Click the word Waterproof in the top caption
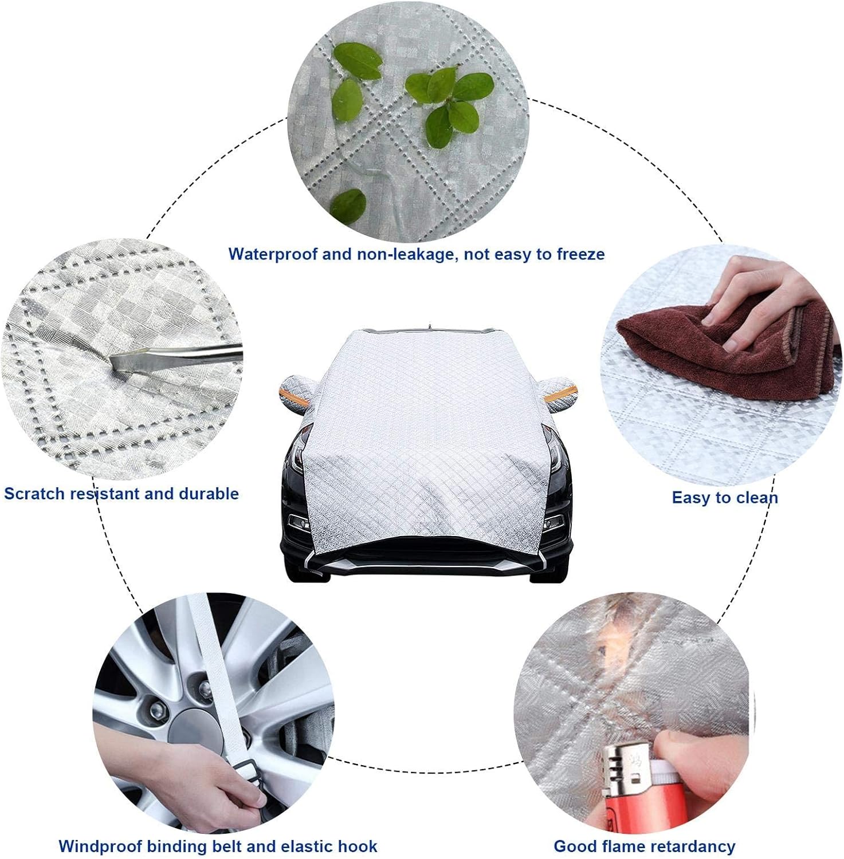pos(273,254)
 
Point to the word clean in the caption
pos(754,498)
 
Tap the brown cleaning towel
pos(725,333)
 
